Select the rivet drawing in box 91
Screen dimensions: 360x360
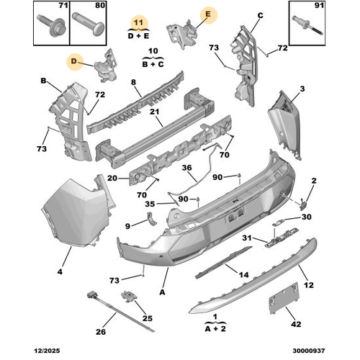point(307,26)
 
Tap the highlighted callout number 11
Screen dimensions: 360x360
point(138,22)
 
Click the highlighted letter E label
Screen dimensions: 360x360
point(208,14)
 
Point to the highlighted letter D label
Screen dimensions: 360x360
point(73,61)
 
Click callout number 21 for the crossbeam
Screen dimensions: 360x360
point(154,112)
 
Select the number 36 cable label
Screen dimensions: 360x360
point(186,168)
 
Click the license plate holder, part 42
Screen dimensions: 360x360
point(284,298)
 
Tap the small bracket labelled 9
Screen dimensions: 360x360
point(151,219)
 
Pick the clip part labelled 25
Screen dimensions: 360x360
point(130,296)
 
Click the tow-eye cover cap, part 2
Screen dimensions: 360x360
point(302,204)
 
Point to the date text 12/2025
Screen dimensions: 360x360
point(47,351)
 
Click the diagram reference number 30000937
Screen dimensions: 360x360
point(309,351)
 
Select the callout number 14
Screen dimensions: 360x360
point(243,274)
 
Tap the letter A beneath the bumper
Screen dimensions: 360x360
point(163,292)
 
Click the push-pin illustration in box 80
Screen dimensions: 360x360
point(89,25)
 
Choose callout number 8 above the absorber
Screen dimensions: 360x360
point(133,82)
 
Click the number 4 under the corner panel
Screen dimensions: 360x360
point(60,271)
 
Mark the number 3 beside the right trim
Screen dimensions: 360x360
point(302,89)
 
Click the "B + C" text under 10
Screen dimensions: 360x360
point(153,64)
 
